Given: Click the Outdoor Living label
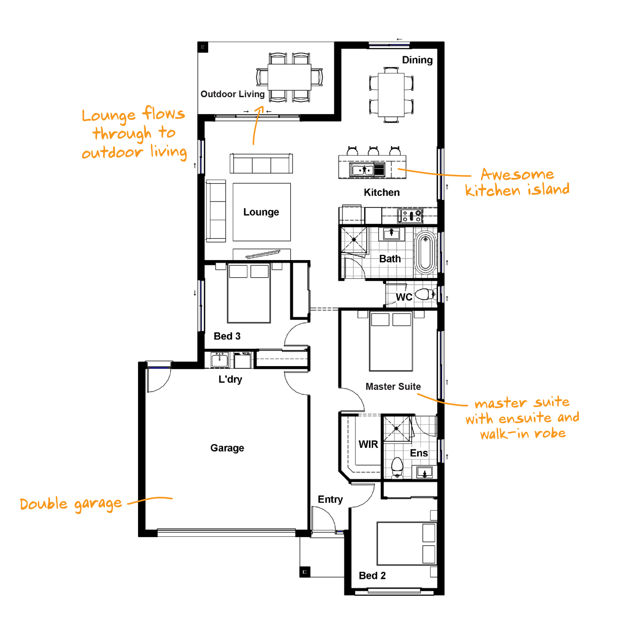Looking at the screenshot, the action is coord(232,94).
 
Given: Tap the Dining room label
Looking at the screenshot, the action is coord(417,60).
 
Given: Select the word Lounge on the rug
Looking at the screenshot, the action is coord(261,212).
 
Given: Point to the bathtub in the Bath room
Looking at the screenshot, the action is coord(425,252).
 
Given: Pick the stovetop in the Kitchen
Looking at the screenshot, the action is coord(410,216).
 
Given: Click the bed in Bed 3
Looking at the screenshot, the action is coord(249,293).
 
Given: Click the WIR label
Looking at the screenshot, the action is coord(368,444).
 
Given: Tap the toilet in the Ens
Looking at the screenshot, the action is coord(397,467).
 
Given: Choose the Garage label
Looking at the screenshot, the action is coord(227,448).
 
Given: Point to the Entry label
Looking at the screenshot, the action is coord(330,500).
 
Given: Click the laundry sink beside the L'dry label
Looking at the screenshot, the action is coord(219,359).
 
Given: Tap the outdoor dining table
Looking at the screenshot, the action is coord(289,77).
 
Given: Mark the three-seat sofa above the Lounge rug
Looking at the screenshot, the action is coord(261,163).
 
